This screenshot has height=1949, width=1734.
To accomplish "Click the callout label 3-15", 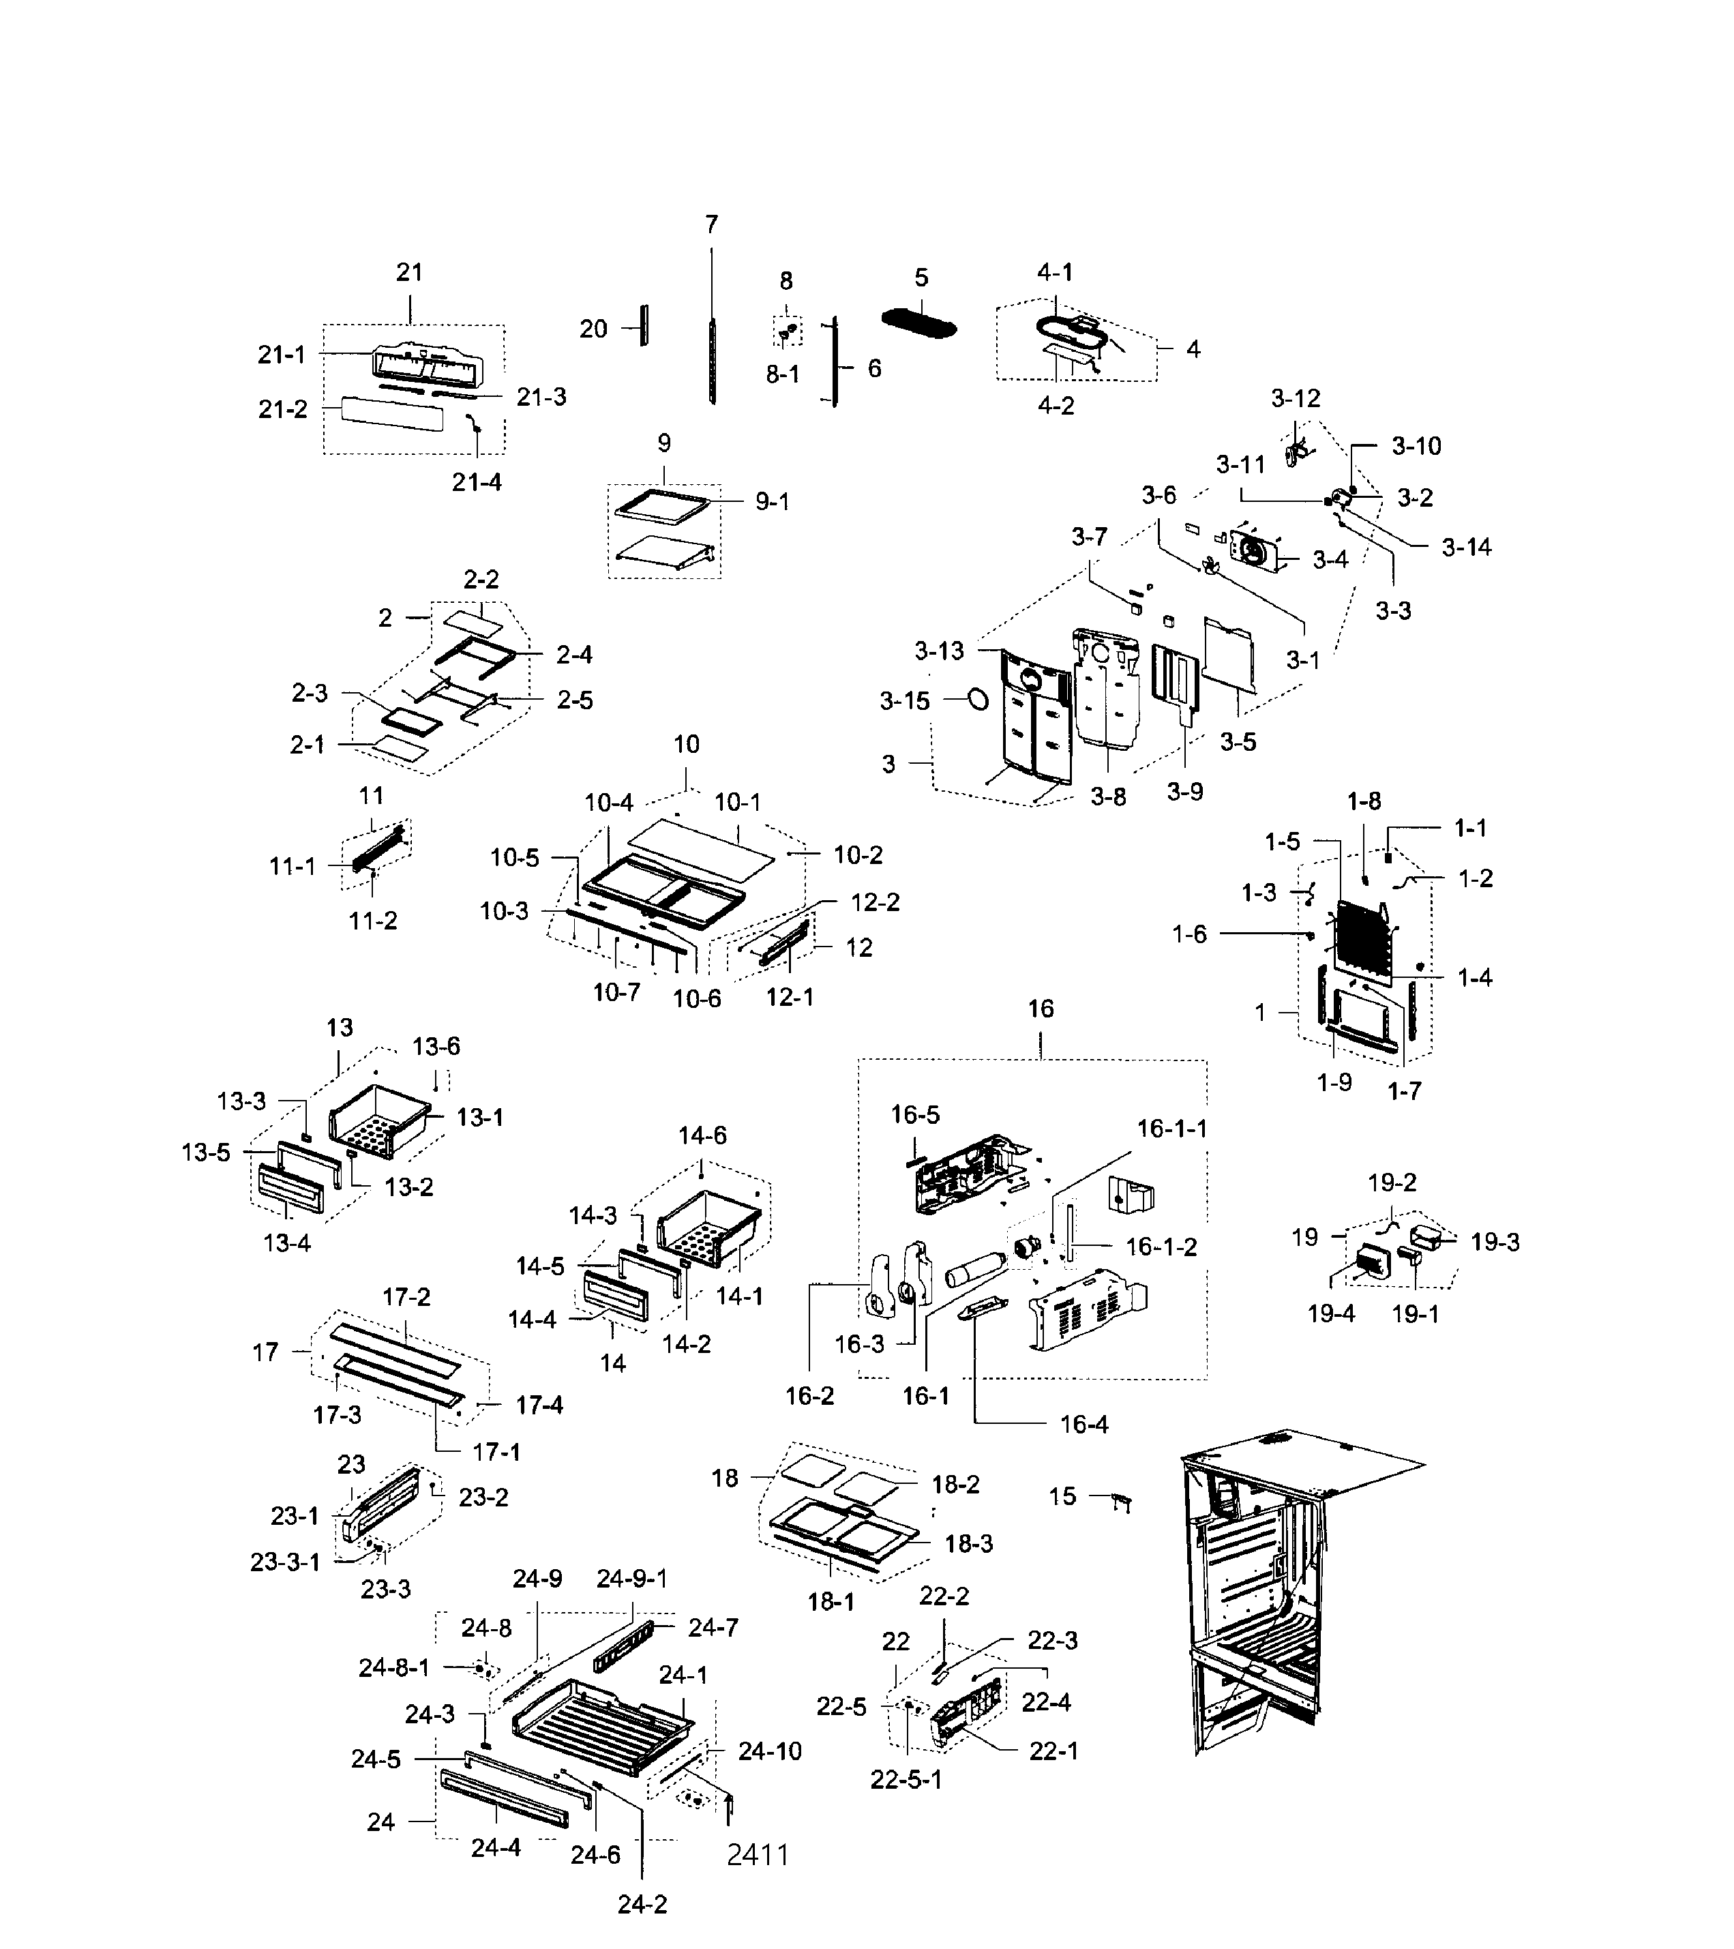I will click(903, 702).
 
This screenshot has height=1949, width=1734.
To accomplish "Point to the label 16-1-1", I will click(1171, 1129).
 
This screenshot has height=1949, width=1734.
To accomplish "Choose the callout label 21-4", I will click(477, 483).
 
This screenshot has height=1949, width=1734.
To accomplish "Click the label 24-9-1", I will click(632, 1578).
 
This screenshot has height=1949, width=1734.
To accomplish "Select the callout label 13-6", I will click(436, 1046).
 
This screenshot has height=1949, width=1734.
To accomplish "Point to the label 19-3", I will click(1495, 1242).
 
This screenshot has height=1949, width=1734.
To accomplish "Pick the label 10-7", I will click(617, 993).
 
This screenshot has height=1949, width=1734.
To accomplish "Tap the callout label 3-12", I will click(1296, 398).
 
